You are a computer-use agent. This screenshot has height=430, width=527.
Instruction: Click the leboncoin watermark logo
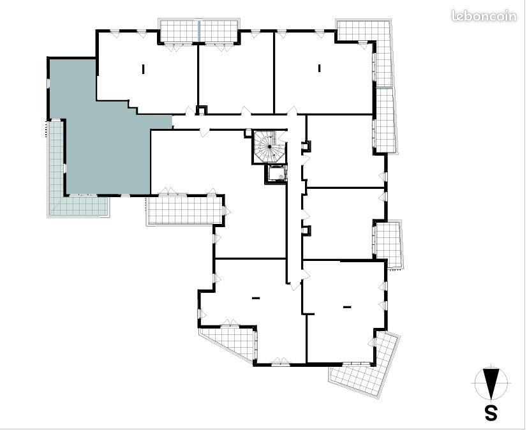point(484,16)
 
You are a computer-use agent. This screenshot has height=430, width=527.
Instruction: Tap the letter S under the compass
point(491,413)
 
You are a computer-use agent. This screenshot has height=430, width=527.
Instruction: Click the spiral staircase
point(269,147)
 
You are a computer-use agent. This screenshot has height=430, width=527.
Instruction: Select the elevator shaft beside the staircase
point(276,174)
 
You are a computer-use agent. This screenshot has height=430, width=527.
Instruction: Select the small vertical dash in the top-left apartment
point(144,69)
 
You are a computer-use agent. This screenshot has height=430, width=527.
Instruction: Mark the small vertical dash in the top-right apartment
point(320,68)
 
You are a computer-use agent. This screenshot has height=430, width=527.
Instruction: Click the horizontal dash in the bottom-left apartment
point(256,297)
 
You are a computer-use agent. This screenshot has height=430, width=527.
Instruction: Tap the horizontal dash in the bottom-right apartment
point(347,306)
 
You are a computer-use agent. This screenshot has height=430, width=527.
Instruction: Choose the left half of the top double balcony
point(179,32)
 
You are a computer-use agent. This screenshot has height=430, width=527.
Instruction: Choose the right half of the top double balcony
point(219,32)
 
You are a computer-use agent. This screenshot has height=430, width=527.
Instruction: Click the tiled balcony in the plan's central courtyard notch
point(185,210)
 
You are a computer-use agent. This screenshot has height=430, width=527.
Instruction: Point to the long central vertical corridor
point(294,202)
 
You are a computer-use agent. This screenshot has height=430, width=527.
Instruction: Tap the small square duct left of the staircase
point(248,133)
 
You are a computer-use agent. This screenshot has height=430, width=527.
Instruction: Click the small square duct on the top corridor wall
point(202,110)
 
